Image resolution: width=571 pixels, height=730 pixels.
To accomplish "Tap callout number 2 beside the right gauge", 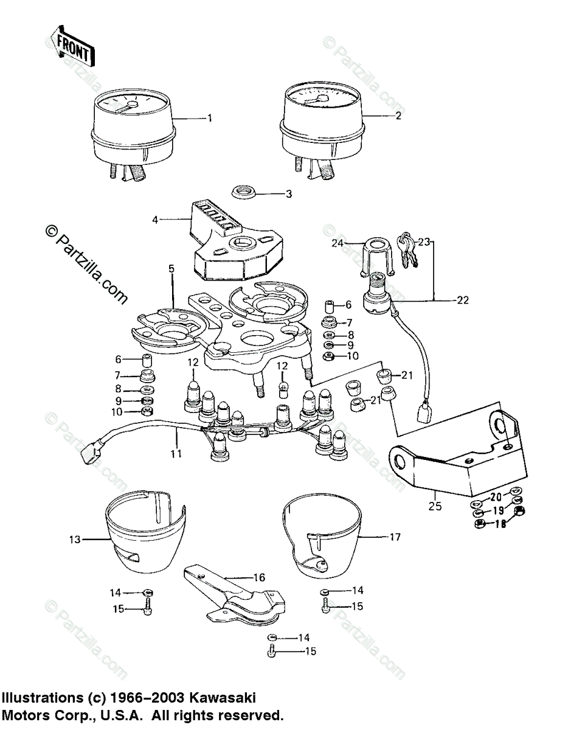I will [399, 116].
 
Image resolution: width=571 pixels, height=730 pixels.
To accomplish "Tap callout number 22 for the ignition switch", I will [463, 299].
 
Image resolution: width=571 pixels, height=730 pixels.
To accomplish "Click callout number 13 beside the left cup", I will [75, 539].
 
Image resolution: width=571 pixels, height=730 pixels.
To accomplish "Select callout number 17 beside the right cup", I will [395, 537].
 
